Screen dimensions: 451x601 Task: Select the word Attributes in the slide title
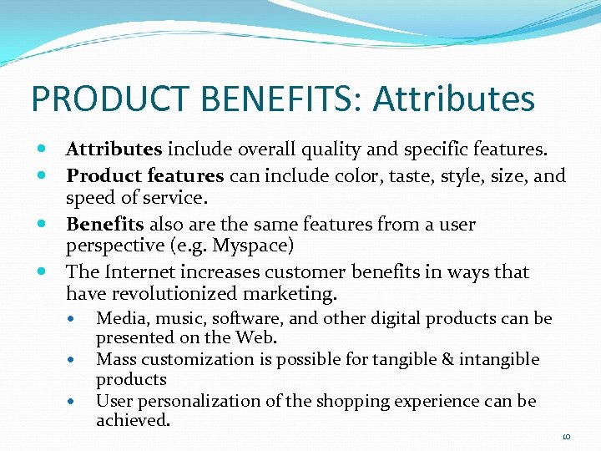click(x=454, y=99)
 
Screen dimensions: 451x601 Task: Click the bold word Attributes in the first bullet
click(x=114, y=149)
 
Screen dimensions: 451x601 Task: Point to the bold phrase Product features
click(x=144, y=176)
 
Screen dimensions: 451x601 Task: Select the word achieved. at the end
click(x=133, y=420)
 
